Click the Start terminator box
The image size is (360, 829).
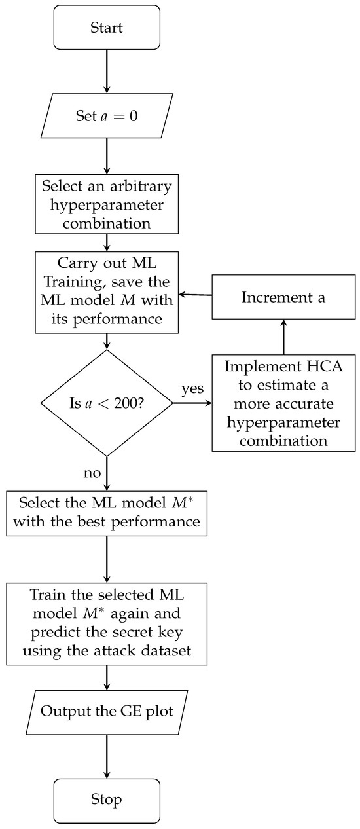click(x=106, y=28)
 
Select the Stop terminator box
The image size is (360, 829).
click(x=106, y=800)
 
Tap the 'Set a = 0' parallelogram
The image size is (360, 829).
click(x=106, y=119)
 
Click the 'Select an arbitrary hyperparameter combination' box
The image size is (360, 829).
click(x=106, y=204)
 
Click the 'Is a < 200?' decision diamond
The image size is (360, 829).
click(x=106, y=403)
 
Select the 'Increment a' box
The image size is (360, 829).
click(x=283, y=297)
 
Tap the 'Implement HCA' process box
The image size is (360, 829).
click(x=283, y=403)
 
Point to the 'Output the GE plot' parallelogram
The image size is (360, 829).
click(x=106, y=711)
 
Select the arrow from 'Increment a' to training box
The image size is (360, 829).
click(x=196, y=295)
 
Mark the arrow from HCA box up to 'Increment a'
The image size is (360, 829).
click(x=283, y=336)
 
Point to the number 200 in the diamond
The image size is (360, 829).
click(x=139, y=403)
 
